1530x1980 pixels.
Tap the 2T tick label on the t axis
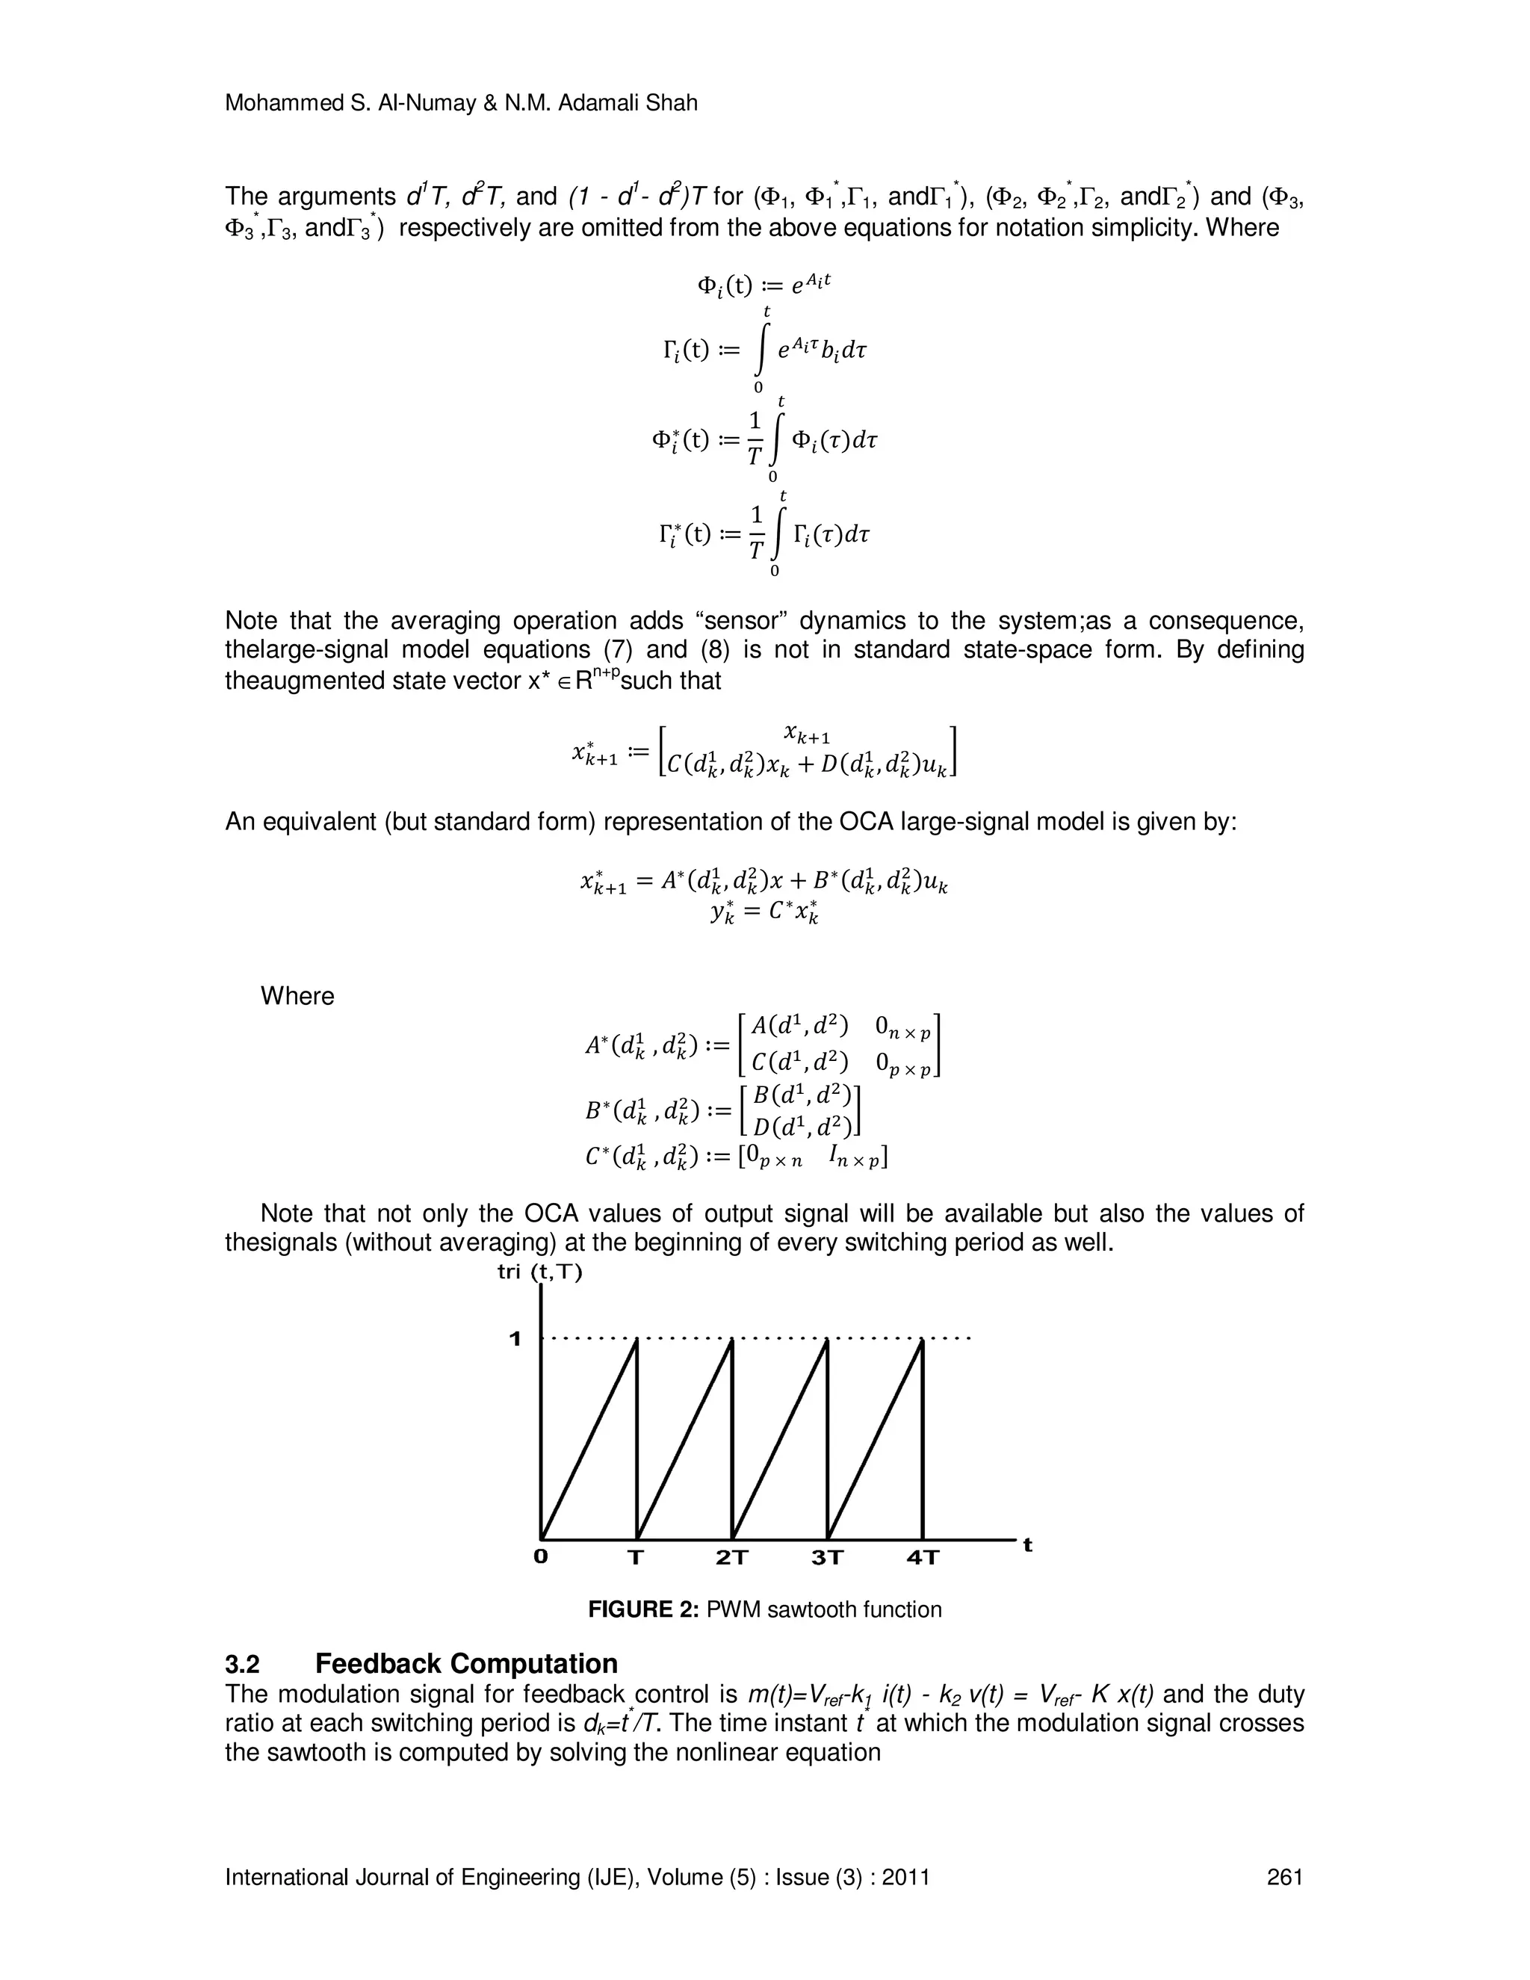(732, 1559)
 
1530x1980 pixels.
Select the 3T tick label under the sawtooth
(828, 1559)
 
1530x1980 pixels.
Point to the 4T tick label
(923, 1559)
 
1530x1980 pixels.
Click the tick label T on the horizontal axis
(637, 1559)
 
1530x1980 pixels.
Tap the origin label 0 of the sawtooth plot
(541, 1558)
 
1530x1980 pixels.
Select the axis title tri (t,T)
(540, 1272)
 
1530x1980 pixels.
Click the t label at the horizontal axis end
(1028, 1545)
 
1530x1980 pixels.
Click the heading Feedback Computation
(466, 1664)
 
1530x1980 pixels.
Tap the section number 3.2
(242, 1665)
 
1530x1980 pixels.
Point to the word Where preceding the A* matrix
(297, 996)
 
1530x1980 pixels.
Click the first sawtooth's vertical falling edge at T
(637, 1441)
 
